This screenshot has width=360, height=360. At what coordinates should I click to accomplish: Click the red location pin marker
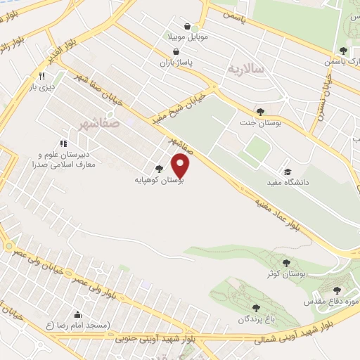pos(181,166)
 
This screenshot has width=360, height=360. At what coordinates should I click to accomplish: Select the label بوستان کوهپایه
pos(160,180)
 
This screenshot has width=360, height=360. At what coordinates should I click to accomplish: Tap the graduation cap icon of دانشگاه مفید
pos(287,172)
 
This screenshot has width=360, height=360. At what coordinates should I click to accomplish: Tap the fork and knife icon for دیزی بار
pos(42,76)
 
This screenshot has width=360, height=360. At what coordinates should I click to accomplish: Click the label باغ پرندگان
pos(255,319)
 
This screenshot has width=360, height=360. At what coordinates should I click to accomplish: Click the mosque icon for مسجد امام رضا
pos(77,314)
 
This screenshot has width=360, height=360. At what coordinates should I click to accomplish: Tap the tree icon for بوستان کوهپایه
pos(160,169)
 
